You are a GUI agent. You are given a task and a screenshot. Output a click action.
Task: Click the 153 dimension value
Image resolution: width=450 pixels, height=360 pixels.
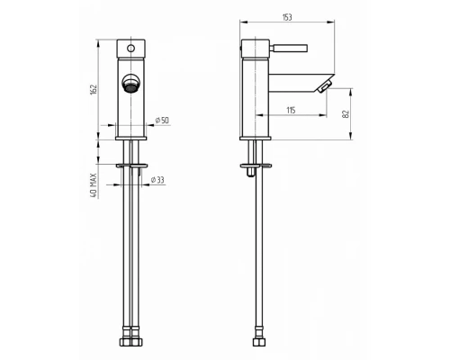[287, 17]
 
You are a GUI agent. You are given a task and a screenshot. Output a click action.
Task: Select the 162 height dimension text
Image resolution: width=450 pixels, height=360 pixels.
[94, 90]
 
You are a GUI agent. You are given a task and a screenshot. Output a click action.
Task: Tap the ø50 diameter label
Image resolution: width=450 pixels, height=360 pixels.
[162, 121]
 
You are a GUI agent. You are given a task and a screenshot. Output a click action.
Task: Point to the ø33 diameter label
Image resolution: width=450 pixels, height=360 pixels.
[157, 180]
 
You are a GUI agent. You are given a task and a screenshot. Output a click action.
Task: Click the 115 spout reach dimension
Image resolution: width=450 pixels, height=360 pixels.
[291, 110]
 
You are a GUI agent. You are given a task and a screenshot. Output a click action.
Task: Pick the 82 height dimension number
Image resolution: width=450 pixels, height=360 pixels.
[346, 114]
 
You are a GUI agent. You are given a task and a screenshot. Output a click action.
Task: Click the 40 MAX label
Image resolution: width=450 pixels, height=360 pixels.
[94, 185]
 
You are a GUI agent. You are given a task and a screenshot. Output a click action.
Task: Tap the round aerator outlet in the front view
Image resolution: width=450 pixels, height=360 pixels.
[130, 83]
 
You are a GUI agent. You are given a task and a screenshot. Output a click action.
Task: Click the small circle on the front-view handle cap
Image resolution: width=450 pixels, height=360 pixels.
[131, 48]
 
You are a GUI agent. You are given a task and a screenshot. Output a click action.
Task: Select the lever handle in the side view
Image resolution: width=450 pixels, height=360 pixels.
[289, 48]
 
